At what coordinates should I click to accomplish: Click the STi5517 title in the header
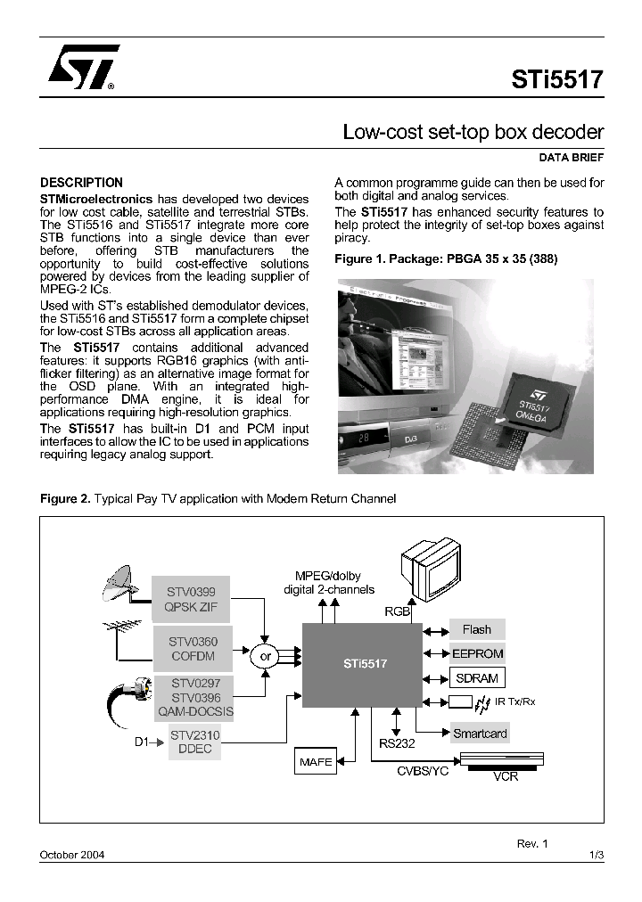[x=557, y=79]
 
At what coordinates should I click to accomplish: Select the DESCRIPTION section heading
[x=82, y=183]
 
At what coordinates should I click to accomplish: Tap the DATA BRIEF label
[x=572, y=158]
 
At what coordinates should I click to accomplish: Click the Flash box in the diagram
[x=477, y=629]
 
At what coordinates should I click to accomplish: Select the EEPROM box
[x=477, y=653]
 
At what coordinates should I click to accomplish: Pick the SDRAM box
[x=477, y=678]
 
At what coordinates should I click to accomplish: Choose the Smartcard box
[x=480, y=734]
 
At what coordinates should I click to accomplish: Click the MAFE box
[x=315, y=762]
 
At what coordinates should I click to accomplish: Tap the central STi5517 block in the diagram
[x=365, y=663]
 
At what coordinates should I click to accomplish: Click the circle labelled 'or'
[x=265, y=657]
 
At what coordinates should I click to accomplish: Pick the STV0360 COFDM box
[x=193, y=648]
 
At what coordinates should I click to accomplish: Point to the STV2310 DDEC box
[x=194, y=742]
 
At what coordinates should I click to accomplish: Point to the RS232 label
[x=398, y=742]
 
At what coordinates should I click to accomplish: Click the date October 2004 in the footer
[x=72, y=855]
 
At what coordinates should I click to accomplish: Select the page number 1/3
[x=597, y=855]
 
